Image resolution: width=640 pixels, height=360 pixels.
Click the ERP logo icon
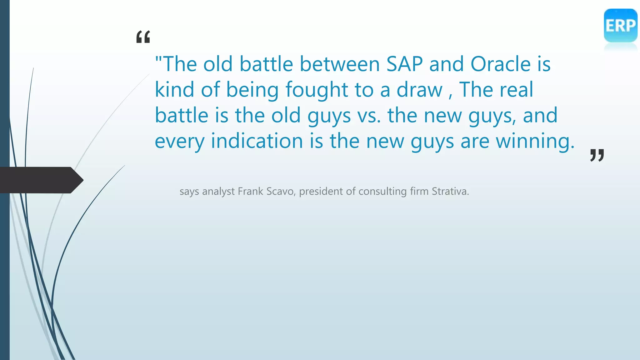tap(620, 26)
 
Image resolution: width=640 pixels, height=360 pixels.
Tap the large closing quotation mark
tap(597, 155)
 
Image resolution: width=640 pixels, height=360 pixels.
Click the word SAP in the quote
tap(404, 64)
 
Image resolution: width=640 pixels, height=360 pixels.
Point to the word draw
tap(419, 90)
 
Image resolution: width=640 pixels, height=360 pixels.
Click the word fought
tap(317, 90)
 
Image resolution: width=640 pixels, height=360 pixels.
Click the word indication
tap(257, 141)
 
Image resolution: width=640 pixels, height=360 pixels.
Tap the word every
tap(179, 141)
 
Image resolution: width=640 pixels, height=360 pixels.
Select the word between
tap(340, 64)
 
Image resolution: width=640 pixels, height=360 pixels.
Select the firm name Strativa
tap(450, 191)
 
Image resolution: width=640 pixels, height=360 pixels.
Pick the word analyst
tap(218, 191)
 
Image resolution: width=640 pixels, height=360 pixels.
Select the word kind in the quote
tap(174, 90)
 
